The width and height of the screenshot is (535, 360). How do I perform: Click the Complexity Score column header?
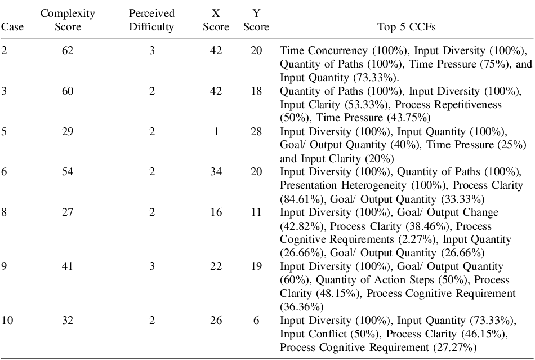click(68, 20)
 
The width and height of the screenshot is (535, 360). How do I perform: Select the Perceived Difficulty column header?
click(151, 20)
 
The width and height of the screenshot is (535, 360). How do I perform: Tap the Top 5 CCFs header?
click(407, 26)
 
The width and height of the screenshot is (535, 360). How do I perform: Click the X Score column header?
click(216, 20)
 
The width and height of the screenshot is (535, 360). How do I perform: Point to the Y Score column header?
click(256, 20)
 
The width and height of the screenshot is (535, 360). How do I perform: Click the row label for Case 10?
click(7, 321)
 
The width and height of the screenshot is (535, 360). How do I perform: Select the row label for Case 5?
click(4, 131)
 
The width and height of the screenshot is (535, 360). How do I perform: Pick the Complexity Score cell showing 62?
click(68, 51)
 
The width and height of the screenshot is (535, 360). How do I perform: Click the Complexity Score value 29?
click(68, 131)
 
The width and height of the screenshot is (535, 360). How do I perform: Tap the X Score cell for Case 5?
click(216, 131)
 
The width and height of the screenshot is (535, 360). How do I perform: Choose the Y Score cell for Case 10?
click(256, 321)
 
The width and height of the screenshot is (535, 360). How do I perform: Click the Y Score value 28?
click(256, 131)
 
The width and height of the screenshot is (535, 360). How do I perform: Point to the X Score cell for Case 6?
click(216, 171)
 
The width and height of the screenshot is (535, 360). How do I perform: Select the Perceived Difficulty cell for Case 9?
click(151, 266)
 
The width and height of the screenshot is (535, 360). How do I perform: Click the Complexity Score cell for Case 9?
click(68, 266)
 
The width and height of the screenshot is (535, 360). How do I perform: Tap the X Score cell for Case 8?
click(216, 212)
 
